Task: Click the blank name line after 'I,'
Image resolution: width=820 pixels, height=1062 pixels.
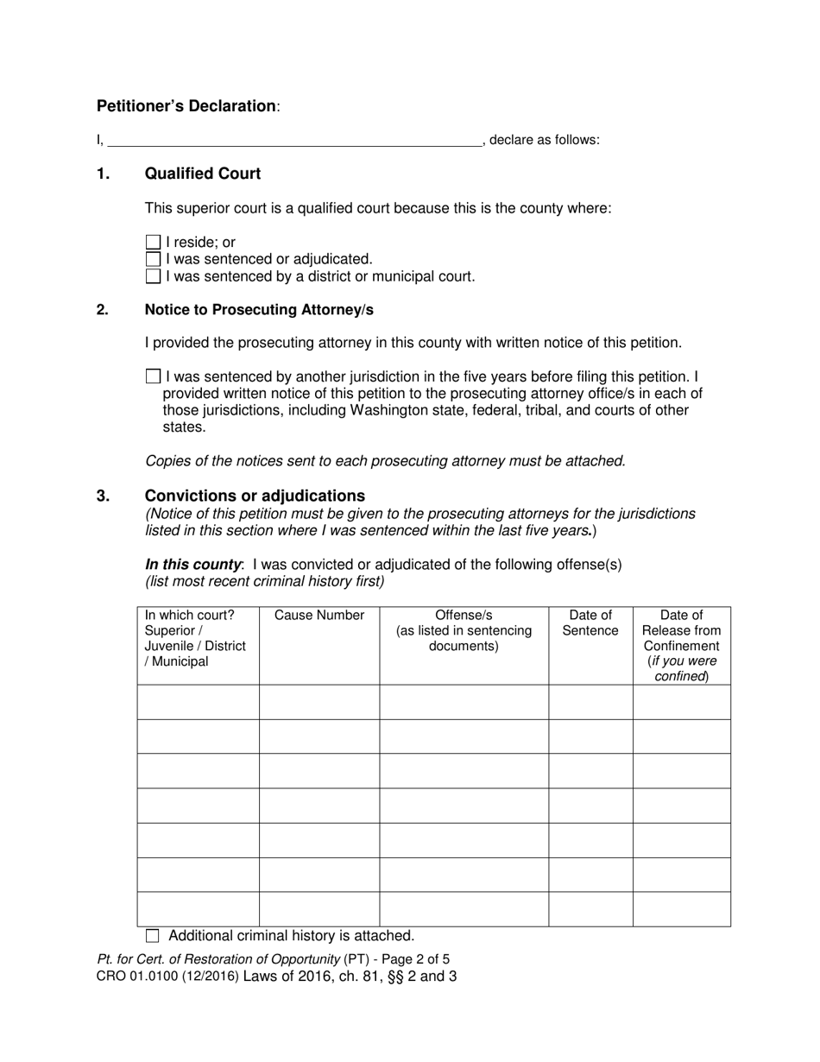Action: pyautogui.click(x=293, y=140)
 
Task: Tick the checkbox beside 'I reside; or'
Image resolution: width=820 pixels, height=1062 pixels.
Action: pyautogui.click(x=153, y=243)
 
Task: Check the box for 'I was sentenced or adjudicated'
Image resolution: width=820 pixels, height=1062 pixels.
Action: pyautogui.click(x=153, y=259)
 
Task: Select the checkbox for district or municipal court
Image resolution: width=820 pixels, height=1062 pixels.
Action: pyautogui.click(x=153, y=276)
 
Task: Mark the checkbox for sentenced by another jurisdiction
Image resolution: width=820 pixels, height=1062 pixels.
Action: pyautogui.click(x=153, y=376)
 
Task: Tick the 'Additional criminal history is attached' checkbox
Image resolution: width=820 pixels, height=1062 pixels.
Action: pyautogui.click(x=153, y=935)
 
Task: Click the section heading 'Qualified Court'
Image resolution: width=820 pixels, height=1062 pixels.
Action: pyautogui.click(x=202, y=174)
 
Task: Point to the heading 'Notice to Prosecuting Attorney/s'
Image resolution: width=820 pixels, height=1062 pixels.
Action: pyautogui.click(x=259, y=309)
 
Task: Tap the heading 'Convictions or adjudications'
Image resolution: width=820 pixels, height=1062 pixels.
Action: pyautogui.click(x=255, y=496)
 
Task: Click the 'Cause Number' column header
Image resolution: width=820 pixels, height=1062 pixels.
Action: pyautogui.click(x=319, y=616)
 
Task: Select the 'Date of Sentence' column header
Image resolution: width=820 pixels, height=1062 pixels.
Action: pyautogui.click(x=590, y=623)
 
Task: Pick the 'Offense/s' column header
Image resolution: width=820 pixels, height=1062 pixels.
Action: pyautogui.click(x=464, y=630)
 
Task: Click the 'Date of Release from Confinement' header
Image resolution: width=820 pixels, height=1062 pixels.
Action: pyautogui.click(x=681, y=645)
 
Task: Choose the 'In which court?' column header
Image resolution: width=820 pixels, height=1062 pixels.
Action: pyautogui.click(x=195, y=638)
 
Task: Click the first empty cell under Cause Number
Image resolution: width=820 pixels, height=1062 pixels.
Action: pyautogui.click(x=319, y=702)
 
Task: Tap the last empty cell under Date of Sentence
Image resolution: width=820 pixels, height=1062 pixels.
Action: pyautogui.click(x=590, y=909)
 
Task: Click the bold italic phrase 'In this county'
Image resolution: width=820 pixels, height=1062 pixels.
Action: pyautogui.click(x=193, y=565)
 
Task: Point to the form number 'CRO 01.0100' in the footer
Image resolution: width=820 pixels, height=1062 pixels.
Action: pyautogui.click(x=136, y=977)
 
